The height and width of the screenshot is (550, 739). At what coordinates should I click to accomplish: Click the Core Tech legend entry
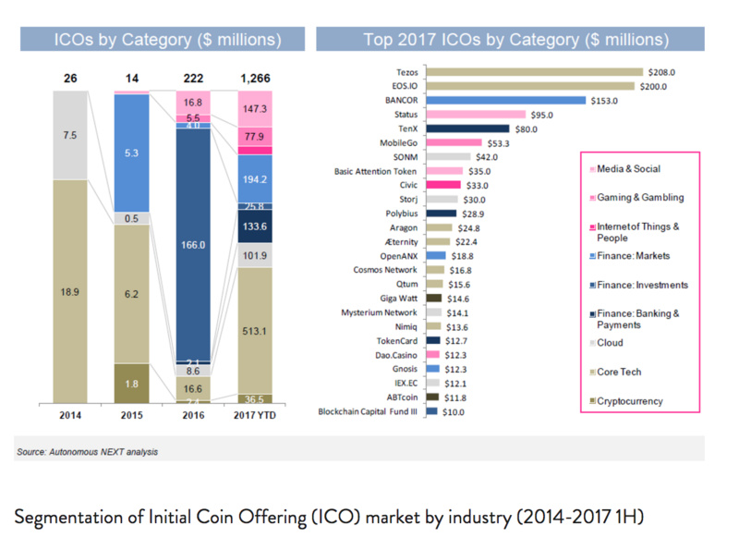[622, 372]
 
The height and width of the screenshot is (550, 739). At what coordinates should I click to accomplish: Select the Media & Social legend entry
[628, 169]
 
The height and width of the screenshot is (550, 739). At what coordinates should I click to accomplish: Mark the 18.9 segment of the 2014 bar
[70, 290]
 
